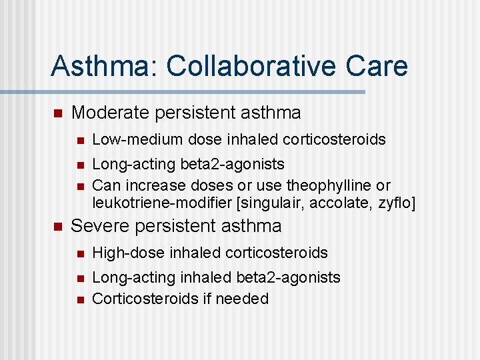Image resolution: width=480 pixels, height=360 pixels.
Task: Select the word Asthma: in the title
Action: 105,66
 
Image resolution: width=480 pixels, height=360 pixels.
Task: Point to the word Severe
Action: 101,226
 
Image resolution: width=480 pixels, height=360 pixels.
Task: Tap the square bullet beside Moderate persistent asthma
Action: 57,114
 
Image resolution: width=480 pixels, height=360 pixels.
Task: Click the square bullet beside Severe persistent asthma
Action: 57,227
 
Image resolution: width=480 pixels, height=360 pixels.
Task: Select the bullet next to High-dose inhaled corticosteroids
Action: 79,253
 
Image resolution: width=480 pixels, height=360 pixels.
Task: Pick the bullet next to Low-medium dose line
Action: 79,140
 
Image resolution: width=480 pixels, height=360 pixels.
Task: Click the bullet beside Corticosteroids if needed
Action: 79,299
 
